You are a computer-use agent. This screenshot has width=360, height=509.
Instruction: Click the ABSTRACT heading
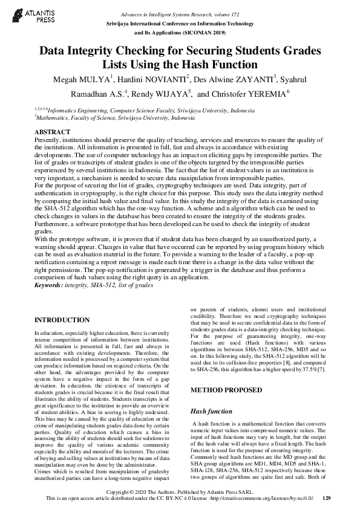pos(53,131)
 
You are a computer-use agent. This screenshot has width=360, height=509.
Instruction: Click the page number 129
pos(327,498)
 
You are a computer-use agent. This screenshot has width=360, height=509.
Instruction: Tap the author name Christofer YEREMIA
pos(250,94)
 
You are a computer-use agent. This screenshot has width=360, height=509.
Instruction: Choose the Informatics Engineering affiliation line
pos(145,111)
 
